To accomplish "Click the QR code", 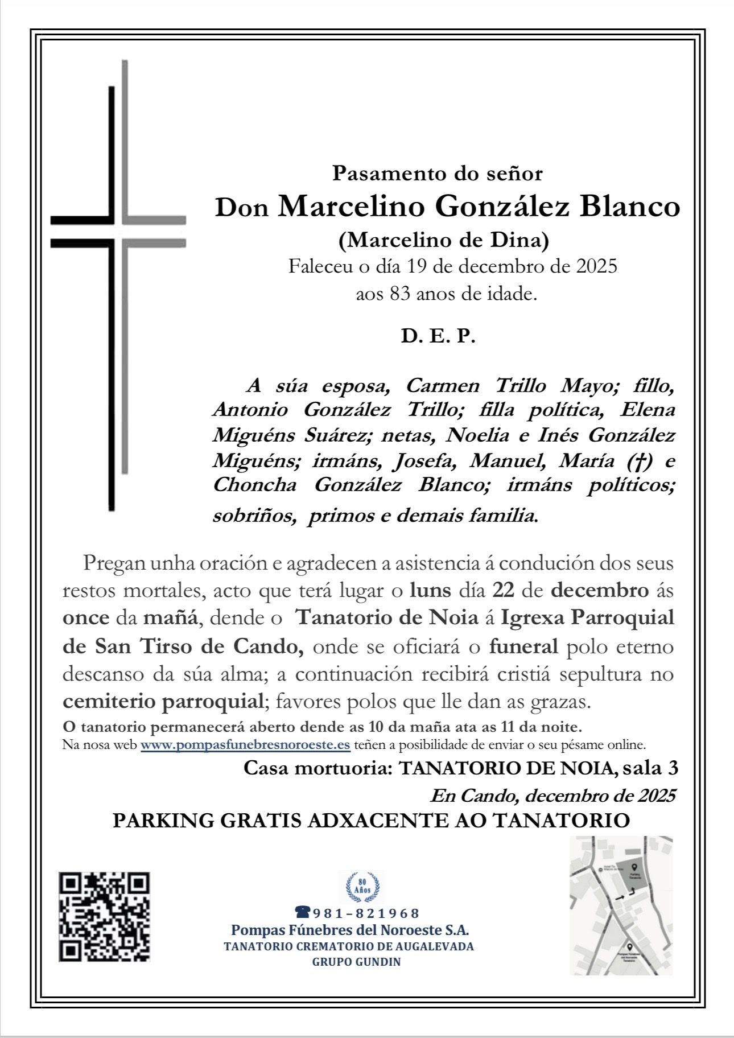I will (x=104, y=916).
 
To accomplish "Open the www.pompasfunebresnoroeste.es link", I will (x=245, y=745).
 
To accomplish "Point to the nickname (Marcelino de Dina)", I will (x=444, y=240).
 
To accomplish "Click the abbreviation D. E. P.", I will (x=438, y=336).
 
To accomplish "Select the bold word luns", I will (x=430, y=590).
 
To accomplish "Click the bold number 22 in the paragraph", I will (x=504, y=590).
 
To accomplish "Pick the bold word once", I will (x=86, y=617).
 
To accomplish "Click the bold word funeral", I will (x=523, y=646).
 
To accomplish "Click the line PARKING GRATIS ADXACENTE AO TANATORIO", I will (x=371, y=821).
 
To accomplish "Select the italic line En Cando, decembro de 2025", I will (x=552, y=795).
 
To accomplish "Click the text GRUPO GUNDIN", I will (x=356, y=962).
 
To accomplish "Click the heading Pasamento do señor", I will (x=437, y=173).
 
